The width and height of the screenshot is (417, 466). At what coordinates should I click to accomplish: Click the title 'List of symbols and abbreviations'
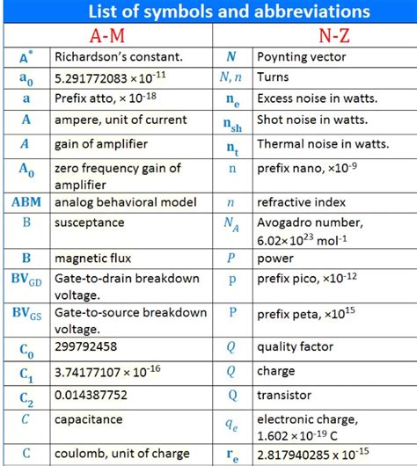tap(208, 11)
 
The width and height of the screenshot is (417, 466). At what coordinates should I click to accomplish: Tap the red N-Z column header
tap(314, 36)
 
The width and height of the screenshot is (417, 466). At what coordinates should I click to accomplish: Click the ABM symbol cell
tap(26, 201)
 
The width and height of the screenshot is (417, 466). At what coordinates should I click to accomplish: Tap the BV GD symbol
tap(26, 281)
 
